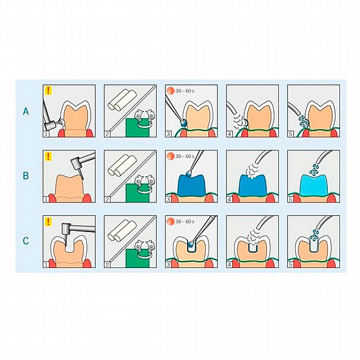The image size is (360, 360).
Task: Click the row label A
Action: (26, 111)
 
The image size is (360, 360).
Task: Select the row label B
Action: (26, 175)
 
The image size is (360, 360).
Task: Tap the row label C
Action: (26, 241)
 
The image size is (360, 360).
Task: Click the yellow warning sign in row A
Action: (48, 91)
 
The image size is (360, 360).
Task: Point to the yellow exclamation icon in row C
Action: (48, 222)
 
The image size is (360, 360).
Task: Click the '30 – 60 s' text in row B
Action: (185, 156)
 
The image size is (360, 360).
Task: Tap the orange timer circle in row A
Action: (171, 91)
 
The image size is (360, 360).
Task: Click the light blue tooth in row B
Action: (314, 185)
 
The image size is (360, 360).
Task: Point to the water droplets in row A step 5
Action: (303, 121)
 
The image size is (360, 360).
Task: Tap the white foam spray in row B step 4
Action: (252, 170)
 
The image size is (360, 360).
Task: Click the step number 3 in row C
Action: (168, 265)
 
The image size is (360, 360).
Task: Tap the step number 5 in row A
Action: (291, 134)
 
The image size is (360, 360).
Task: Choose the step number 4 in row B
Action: (230, 199)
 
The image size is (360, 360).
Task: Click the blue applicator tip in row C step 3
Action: (191, 243)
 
